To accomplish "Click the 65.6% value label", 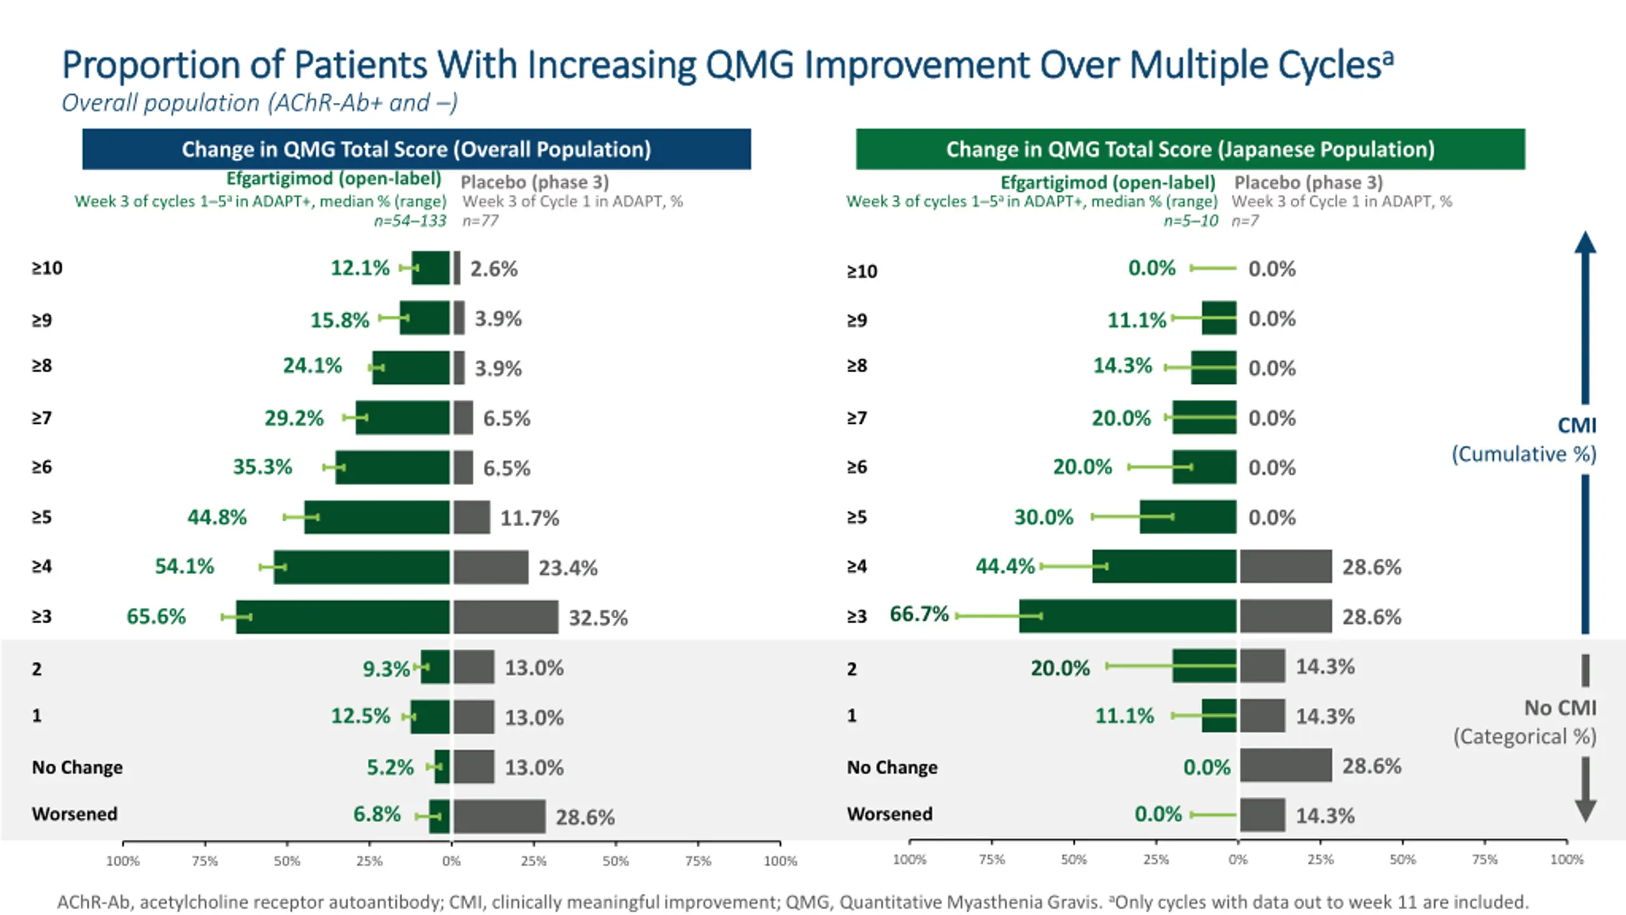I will click(x=156, y=616).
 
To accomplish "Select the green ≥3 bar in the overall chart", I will click(x=343, y=616).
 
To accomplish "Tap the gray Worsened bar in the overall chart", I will click(x=499, y=817).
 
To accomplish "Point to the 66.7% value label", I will click(x=918, y=614).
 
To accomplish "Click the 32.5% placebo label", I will click(x=598, y=618).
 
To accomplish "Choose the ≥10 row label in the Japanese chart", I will click(x=862, y=271).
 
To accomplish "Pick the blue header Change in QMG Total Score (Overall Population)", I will click(x=416, y=149).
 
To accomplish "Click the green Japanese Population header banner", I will click(x=1190, y=149).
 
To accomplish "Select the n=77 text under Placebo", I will click(x=480, y=220).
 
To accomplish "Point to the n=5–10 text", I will click(x=1190, y=220).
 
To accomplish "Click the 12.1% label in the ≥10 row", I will click(x=359, y=268).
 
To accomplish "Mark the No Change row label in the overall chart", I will click(x=77, y=767).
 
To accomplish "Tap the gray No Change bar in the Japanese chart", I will click(x=1286, y=765).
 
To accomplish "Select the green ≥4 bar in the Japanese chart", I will click(x=1164, y=566).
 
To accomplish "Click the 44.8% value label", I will click(x=217, y=517).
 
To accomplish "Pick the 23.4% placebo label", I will click(x=568, y=567).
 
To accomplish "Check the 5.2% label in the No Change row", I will click(x=390, y=767).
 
